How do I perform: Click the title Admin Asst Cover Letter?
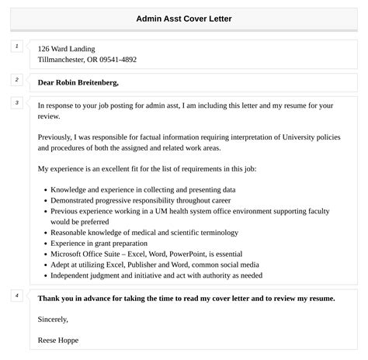tap(184, 17)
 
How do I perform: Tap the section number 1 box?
tap(16, 47)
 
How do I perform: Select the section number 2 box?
tap(16, 80)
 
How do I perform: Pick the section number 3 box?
tap(16, 102)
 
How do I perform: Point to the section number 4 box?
tap(16, 296)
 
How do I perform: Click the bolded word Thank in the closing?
tap(50, 298)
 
